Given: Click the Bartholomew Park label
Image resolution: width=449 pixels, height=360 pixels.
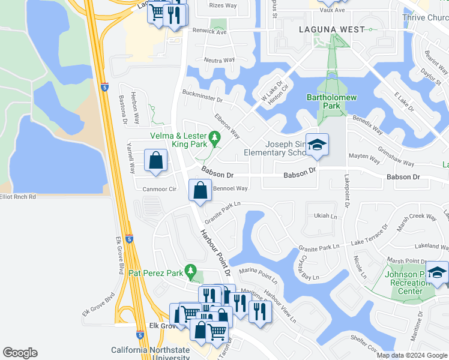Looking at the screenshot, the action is click(x=324, y=101).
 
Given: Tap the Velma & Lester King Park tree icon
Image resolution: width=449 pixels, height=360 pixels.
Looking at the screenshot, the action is click(x=215, y=137).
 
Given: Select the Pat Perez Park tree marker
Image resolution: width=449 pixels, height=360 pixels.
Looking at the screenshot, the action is click(x=191, y=272).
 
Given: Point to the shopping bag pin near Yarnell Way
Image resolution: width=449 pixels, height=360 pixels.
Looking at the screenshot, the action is click(x=155, y=161).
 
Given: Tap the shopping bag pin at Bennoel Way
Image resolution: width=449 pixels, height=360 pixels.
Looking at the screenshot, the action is click(x=200, y=191).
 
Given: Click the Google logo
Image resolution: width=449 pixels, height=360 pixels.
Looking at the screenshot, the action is click(x=20, y=353).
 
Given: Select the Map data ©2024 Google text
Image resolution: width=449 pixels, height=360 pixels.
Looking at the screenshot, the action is click(x=412, y=355).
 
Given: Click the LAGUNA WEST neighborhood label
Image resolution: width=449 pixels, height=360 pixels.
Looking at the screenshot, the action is click(x=332, y=29).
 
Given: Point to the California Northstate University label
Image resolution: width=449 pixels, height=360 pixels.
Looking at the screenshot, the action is click(x=150, y=354).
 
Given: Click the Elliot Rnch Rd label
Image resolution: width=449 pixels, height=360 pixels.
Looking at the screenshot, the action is click(x=18, y=197).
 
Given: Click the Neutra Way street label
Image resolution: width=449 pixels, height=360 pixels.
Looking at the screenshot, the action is click(x=219, y=61).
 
